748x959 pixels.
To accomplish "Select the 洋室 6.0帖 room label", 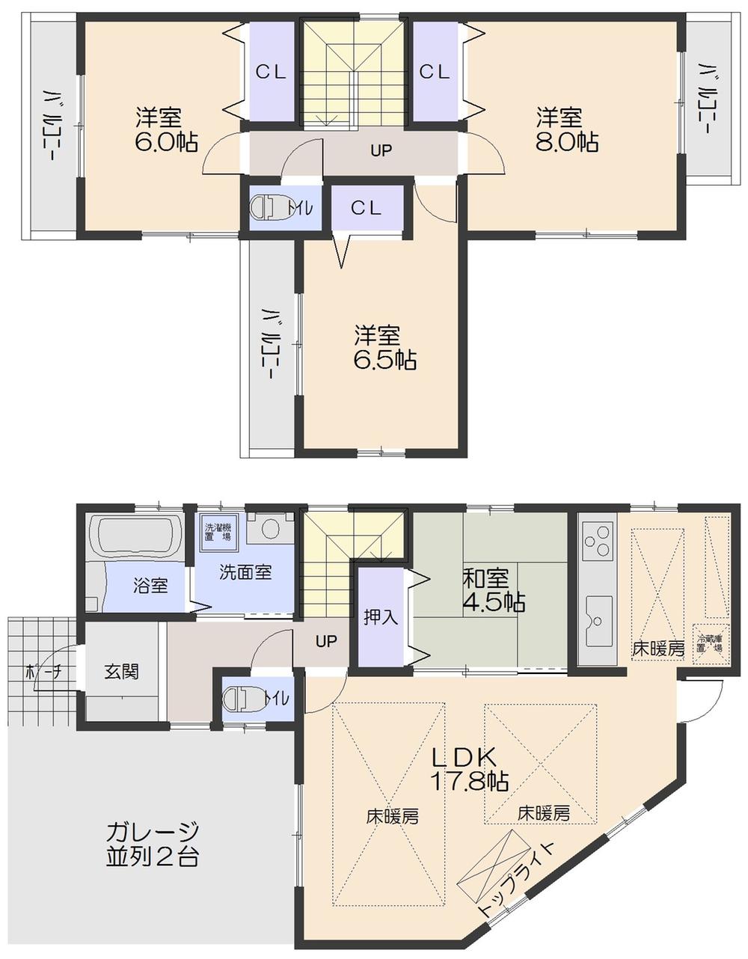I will click(165, 130).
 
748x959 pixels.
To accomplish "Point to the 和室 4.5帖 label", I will click(493, 589).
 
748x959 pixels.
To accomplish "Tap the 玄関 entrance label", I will click(121, 672).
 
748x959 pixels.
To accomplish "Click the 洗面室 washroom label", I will click(245, 573).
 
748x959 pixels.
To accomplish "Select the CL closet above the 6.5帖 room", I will click(367, 209).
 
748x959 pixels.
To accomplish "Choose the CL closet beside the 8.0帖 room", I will click(434, 72).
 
